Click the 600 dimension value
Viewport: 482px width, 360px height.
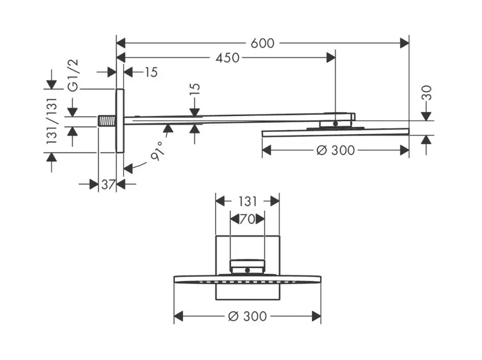point(262,43)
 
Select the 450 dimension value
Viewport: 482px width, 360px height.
point(227,58)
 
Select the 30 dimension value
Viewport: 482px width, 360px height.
point(427,93)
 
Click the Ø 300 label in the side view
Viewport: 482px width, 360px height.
point(334,150)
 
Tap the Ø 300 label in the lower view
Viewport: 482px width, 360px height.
point(247,316)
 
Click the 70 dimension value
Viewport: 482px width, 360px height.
point(247,218)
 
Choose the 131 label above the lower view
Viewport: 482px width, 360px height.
point(247,201)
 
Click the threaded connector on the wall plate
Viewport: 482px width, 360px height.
point(106,121)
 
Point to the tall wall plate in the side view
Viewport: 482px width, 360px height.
point(119,121)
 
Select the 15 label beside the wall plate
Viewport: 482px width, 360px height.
point(150,72)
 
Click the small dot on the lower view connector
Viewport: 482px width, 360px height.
point(247,269)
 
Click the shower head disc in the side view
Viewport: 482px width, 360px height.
point(335,133)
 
